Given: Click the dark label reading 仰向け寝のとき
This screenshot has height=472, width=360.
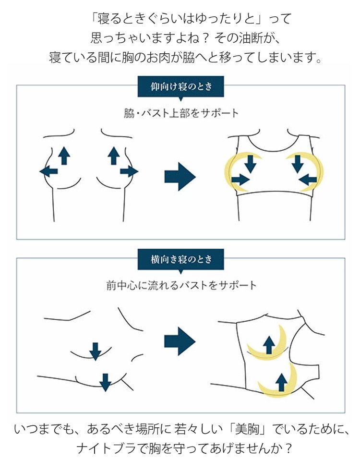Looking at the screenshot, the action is click(180, 87).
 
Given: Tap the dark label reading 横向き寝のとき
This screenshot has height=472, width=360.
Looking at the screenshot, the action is click(180, 259).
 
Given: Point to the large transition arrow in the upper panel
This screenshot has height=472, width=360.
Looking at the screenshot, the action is click(180, 176).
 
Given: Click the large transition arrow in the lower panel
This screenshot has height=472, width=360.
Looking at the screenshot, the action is click(180, 341).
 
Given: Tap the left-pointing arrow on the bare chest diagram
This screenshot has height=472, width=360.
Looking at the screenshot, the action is click(48, 171).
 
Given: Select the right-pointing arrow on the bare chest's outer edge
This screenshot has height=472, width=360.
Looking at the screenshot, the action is click(129, 171).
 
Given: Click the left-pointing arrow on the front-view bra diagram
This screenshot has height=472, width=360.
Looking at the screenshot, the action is click(308, 180).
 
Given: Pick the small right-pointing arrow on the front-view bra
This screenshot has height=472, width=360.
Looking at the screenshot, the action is click(240, 180).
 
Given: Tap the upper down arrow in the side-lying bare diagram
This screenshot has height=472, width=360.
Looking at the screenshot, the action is click(96, 351).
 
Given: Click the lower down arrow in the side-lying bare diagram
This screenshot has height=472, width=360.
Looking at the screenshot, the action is click(105, 383).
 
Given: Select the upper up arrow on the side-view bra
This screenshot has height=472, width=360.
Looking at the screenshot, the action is click(269, 345).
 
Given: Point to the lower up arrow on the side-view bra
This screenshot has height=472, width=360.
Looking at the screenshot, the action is click(281, 382).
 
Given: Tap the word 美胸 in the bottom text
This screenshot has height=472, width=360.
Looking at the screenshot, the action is click(247, 429).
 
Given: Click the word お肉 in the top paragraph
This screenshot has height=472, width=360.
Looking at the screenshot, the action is click(158, 57).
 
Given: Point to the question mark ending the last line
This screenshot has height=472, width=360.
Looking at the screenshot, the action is click(288, 448).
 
